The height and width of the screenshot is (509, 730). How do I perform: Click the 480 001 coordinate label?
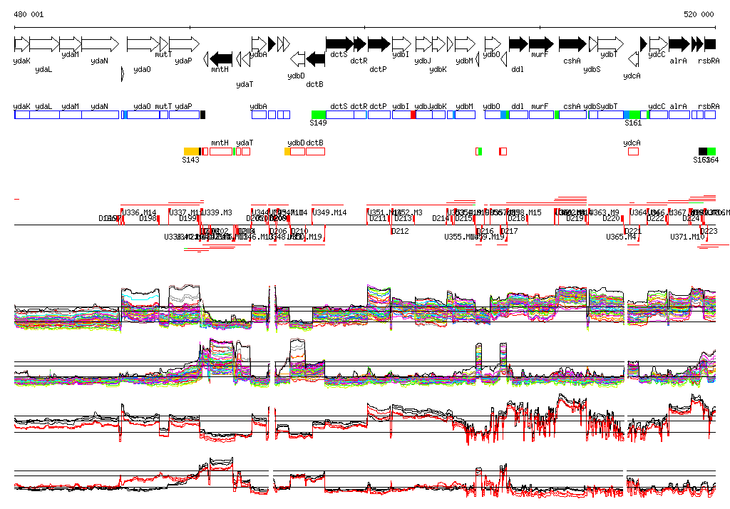tap(29, 14)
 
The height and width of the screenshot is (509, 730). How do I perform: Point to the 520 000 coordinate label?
tap(699, 14)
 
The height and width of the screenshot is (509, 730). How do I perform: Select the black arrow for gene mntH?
tap(222, 58)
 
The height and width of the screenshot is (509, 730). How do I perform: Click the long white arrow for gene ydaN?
tap(100, 43)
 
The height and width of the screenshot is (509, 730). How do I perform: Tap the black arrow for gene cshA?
tap(572, 43)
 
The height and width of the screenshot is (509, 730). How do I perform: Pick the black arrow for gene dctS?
tap(338, 43)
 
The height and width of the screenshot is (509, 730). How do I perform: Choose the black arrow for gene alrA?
tap(679, 43)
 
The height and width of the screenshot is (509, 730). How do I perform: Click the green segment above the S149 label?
tap(319, 115)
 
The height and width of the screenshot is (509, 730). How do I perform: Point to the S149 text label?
tap(318, 123)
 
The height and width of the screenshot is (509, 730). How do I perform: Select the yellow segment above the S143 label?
tap(191, 151)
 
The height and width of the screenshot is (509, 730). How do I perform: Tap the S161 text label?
tap(633, 123)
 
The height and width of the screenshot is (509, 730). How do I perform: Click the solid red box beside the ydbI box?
tap(413, 115)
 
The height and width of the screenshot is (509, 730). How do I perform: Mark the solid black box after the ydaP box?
tap(202, 115)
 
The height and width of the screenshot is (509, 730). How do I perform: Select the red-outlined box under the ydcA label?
tap(633, 151)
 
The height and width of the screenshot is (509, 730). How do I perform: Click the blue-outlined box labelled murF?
tap(540, 115)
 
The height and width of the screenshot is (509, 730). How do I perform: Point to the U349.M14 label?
tap(329, 212)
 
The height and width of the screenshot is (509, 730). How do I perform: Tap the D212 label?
tap(401, 231)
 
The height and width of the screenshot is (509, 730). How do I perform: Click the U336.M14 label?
tap(139, 212)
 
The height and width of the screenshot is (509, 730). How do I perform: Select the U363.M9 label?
tap(605, 212)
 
